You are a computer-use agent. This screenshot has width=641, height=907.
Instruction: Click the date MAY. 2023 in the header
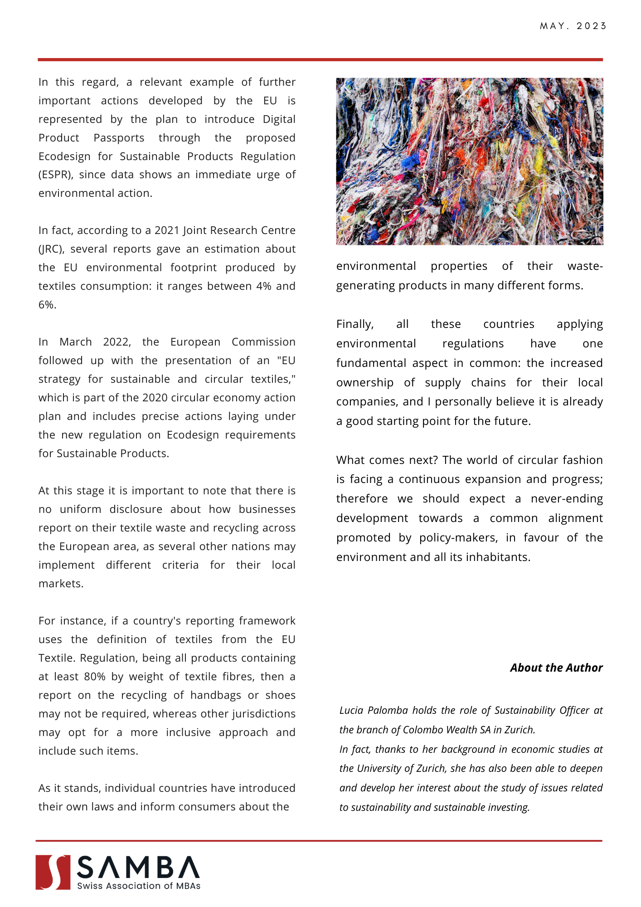(x=573, y=26)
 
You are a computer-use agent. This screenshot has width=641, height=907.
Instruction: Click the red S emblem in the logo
(x=53, y=872)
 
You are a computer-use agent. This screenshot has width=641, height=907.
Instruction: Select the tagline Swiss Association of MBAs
(x=139, y=886)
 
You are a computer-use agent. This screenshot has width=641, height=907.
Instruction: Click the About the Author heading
(x=556, y=668)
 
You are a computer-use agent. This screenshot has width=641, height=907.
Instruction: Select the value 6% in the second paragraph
(x=47, y=305)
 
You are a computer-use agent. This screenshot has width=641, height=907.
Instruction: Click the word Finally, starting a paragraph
(x=355, y=324)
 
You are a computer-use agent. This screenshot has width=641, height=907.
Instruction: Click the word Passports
(x=119, y=138)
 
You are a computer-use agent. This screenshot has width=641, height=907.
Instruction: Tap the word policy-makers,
(x=458, y=538)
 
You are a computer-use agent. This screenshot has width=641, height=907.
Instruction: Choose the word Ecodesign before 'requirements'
(x=193, y=435)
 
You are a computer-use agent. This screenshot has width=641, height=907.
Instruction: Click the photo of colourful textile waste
(x=469, y=161)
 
